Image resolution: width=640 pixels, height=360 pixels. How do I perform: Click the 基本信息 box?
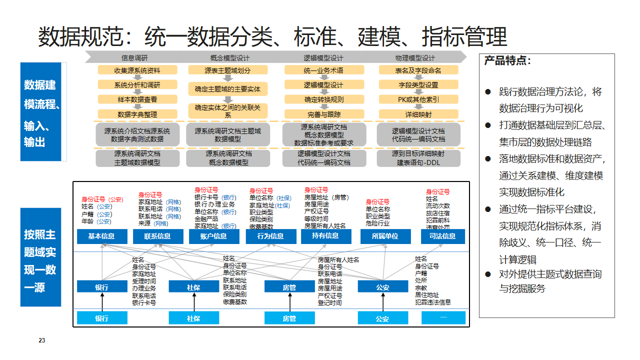[101, 237]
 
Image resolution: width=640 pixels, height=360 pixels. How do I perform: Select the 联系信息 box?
[158, 237]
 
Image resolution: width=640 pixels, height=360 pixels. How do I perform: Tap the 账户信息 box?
[213, 237]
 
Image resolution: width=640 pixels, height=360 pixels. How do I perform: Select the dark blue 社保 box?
[193, 287]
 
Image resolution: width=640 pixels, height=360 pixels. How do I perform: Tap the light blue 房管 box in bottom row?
[288, 318]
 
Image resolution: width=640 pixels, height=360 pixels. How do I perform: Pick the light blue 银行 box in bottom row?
[101, 318]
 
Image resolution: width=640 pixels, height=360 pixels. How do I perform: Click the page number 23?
[44, 341]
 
